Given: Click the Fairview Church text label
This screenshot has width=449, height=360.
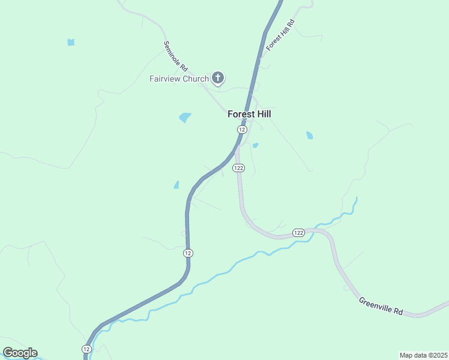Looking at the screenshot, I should pos(179,79).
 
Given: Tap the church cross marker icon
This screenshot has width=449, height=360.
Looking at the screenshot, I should pos(218,77).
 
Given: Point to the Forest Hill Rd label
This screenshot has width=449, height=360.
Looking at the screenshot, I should pos(281,35).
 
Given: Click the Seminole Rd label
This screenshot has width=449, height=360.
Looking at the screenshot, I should pos(176,56).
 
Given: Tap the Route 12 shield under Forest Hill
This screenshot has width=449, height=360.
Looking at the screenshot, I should pos(242,130).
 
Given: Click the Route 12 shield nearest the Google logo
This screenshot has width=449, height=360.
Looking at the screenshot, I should pos(86,349).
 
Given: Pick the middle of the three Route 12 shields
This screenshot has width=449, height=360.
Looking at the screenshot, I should pos(188,253).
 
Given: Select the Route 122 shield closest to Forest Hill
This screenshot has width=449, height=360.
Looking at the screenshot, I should pos(239,168).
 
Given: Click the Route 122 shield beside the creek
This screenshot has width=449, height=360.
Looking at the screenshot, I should pos(298,232).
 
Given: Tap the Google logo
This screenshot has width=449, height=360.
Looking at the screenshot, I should pos(20,353).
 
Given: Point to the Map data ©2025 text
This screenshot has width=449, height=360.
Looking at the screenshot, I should pos(423,355).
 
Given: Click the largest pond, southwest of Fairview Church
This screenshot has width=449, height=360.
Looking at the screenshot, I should pos(185,118).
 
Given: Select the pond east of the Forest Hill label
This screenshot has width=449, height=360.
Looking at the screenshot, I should pos(309,136).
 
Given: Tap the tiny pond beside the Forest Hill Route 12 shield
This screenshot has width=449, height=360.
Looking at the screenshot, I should pos(256,145).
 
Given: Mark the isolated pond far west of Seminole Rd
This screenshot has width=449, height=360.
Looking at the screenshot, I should pos(71,43).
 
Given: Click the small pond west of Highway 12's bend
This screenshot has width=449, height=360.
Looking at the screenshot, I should pos(176,185).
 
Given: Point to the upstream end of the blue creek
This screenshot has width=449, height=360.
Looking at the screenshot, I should pos(357,198).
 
